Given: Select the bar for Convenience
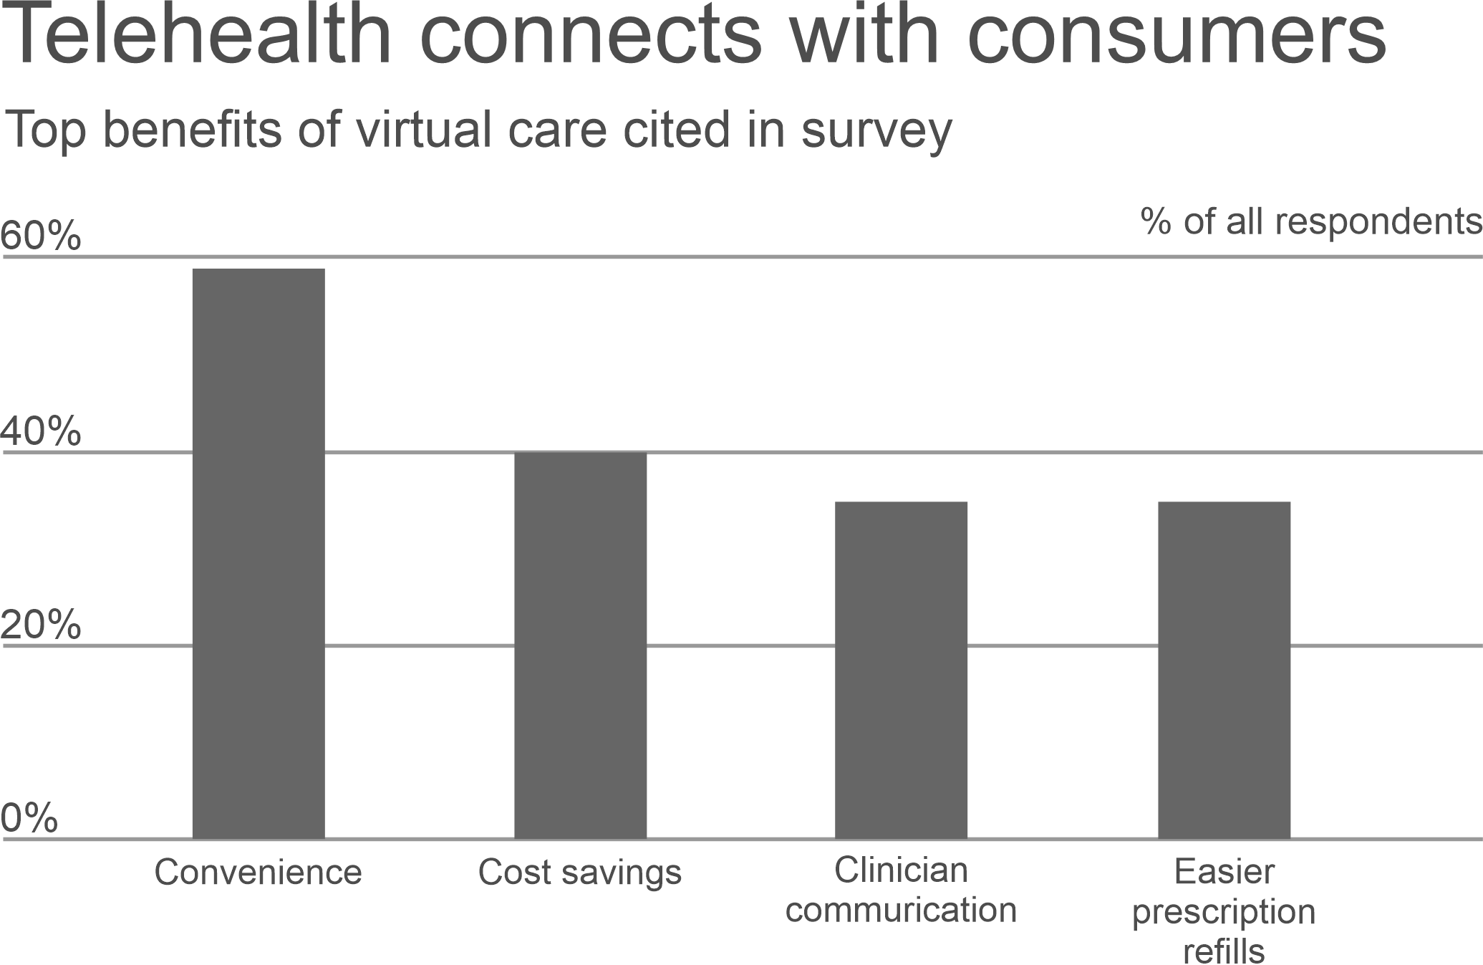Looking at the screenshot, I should [x=259, y=552].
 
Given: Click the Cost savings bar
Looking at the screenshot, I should [x=580, y=645].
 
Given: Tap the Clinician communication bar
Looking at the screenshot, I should [x=902, y=670].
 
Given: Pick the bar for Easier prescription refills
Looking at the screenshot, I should [x=1224, y=670].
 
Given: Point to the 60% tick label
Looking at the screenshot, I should [x=41, y=236].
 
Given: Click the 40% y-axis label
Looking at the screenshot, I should [x=41, y=432].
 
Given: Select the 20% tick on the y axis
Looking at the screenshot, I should [x=41, y=625].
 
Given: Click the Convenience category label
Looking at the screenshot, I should [x=259, y=873].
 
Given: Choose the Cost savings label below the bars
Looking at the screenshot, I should [x=580, y=873].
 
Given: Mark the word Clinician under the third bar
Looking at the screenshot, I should [x=901, y=870].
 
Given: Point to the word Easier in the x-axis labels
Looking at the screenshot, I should [x=1224, y=872].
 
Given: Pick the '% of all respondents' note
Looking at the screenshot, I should [x=1311, y=221].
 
